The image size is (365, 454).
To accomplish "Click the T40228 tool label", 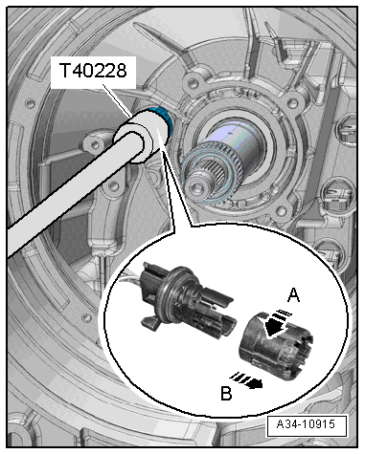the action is (x=93, y=71).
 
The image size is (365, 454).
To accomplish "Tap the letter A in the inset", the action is (x=294, y=294).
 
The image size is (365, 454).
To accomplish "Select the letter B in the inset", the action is (x=226, y=393).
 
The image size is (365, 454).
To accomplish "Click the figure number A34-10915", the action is (x=306, y=424).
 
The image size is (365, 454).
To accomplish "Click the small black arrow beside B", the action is (x=247, y=380).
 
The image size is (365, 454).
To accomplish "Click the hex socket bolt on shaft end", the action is (x=195, y=184).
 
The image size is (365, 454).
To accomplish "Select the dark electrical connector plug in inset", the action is (x=187, y=299).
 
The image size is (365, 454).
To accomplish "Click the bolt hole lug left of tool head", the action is (x=93, y=144).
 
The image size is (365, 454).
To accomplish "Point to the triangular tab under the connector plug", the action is (x=150, y=322).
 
